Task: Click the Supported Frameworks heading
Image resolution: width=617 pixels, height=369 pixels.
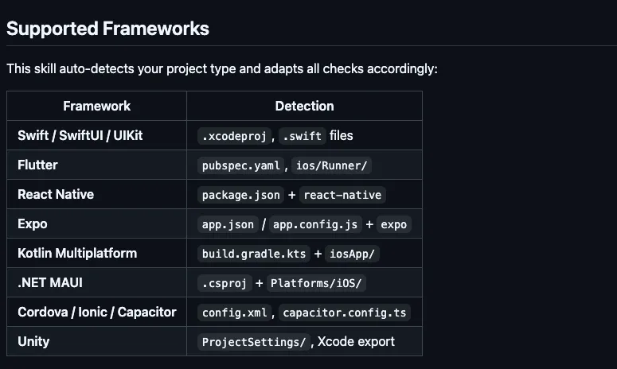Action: coord(107,29)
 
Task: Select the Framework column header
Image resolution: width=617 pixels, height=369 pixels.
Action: coord(96,106)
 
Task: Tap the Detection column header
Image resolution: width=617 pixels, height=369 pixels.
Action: coord(304,106)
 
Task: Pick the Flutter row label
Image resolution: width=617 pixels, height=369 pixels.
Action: coord(37,165)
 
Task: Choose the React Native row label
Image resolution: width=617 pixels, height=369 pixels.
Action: coord(56,194)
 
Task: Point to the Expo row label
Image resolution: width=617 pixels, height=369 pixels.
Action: coord(32,223)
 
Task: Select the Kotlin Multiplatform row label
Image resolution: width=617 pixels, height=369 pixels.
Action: coord(77,253)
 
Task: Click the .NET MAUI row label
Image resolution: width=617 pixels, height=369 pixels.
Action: coord(49,282)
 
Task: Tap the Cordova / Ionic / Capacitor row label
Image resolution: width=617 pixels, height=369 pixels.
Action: coord(96,312)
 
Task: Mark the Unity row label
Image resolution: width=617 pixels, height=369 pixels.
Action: coord(33,341)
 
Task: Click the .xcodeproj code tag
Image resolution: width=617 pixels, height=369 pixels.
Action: coord(234,136)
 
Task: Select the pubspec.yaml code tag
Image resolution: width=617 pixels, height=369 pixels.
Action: coord(241,165)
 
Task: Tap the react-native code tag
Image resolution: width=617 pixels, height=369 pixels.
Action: coord(342,195)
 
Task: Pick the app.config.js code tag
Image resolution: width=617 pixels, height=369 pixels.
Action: coord(314,224)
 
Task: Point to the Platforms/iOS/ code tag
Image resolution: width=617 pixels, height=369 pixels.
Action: coord(317,283)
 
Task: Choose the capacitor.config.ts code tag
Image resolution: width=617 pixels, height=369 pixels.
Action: coord(345,313)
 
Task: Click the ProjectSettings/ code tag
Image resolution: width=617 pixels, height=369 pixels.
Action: coord(254,342)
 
